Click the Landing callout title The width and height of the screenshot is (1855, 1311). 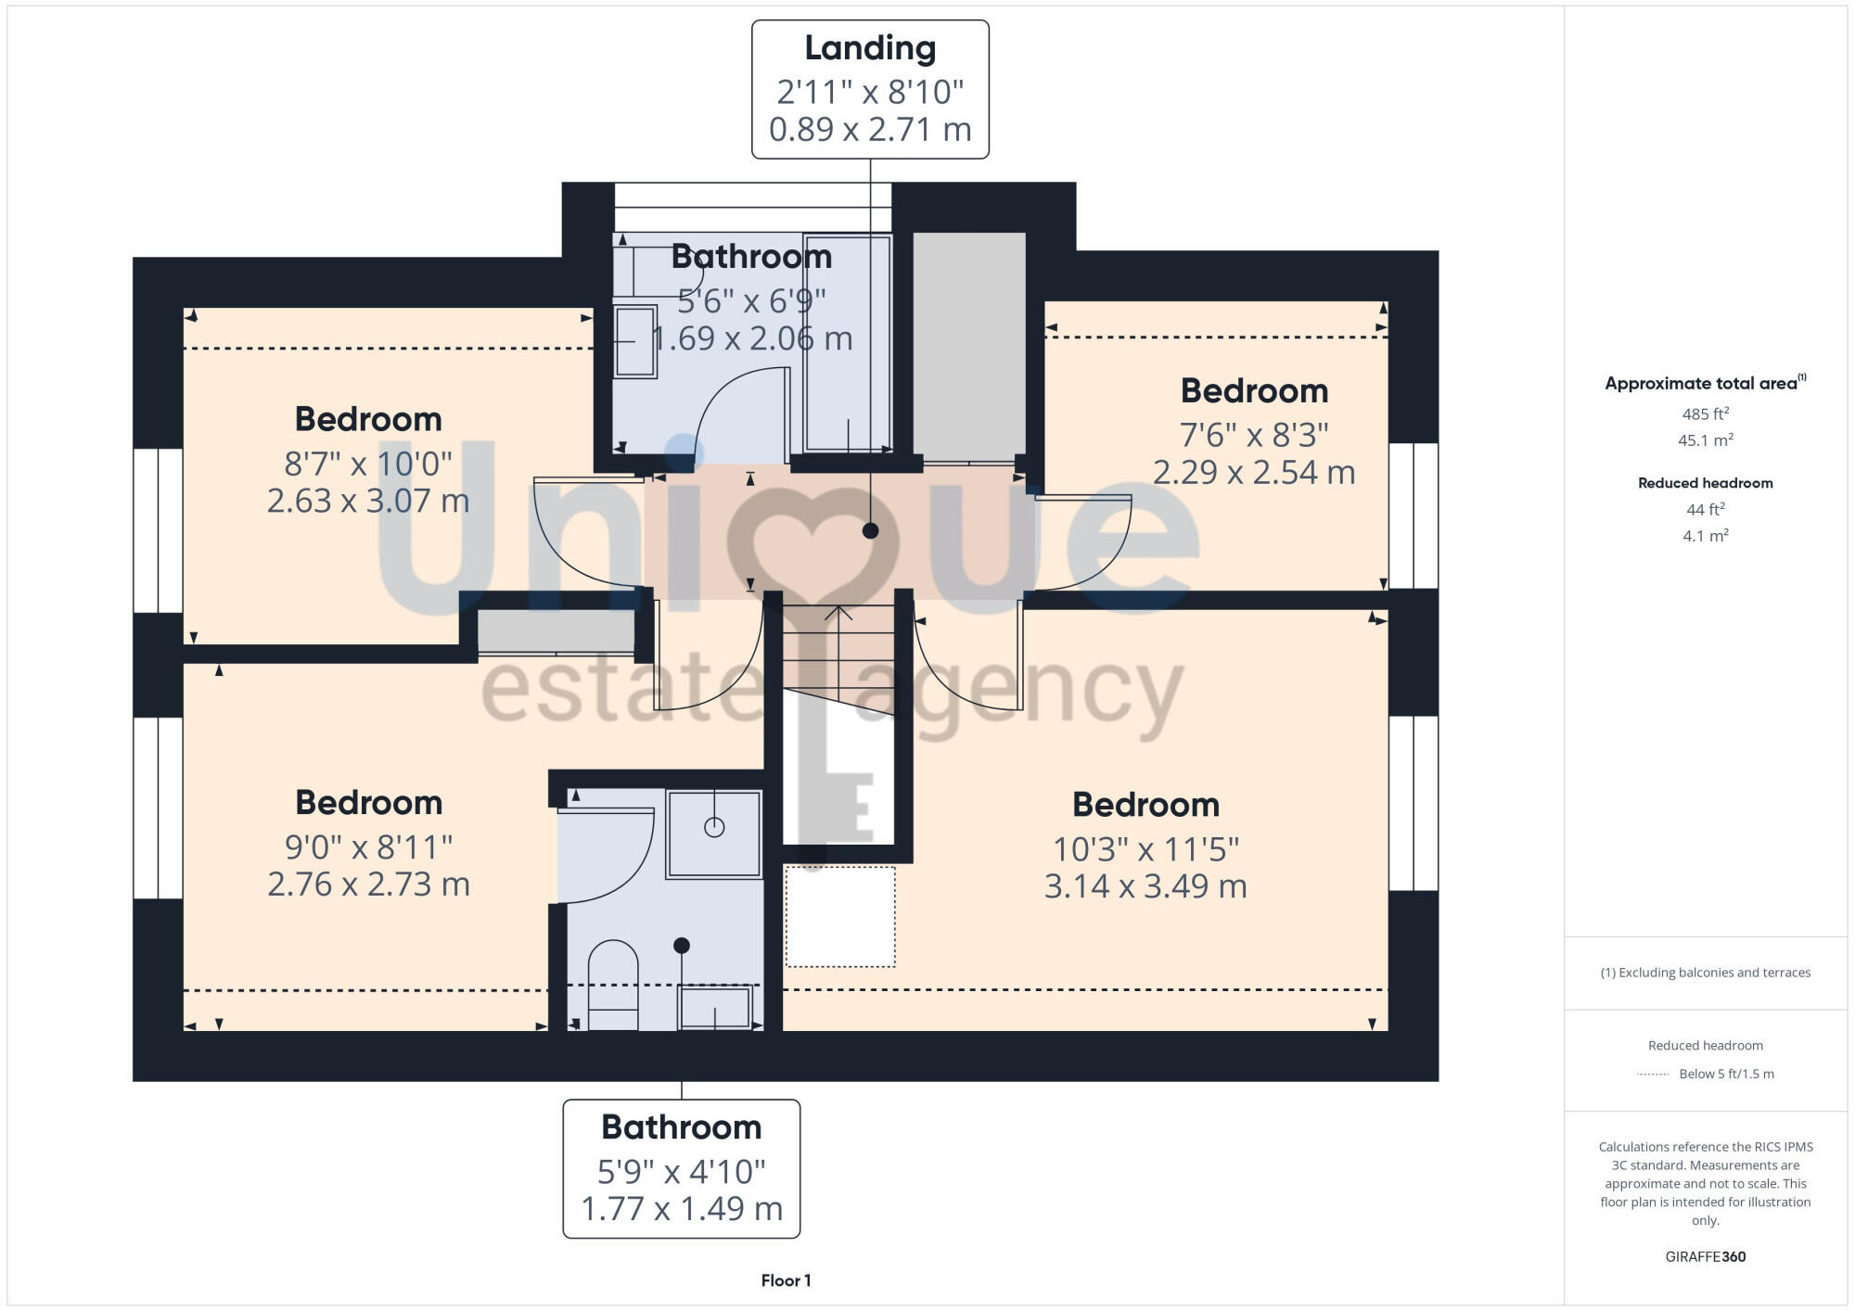870,48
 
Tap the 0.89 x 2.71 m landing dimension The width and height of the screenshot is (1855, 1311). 870,129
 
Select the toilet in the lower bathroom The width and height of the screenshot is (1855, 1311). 613,985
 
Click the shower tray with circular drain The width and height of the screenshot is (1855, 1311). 713,834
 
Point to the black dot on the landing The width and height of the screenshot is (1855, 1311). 870,530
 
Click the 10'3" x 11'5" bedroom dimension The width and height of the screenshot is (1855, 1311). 1145,848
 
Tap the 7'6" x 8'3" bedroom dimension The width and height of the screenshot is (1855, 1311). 1254,434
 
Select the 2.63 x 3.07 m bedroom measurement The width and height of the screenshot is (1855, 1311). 368,501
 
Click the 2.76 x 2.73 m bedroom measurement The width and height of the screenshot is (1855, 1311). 368,884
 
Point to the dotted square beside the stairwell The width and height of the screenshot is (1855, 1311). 840,917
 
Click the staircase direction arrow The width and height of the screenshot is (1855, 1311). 838,614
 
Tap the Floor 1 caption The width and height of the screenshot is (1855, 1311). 786,1280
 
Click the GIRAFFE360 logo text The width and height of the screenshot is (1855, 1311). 1705,1256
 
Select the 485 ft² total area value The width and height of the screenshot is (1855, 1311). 1705,414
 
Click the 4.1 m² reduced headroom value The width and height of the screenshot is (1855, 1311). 1705,535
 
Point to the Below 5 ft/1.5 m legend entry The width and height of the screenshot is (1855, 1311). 1725,1074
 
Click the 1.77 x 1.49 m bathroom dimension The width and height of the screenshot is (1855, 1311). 682,1208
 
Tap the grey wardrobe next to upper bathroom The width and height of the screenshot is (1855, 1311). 969,346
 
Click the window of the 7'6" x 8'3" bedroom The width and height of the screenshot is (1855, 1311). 1414,515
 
